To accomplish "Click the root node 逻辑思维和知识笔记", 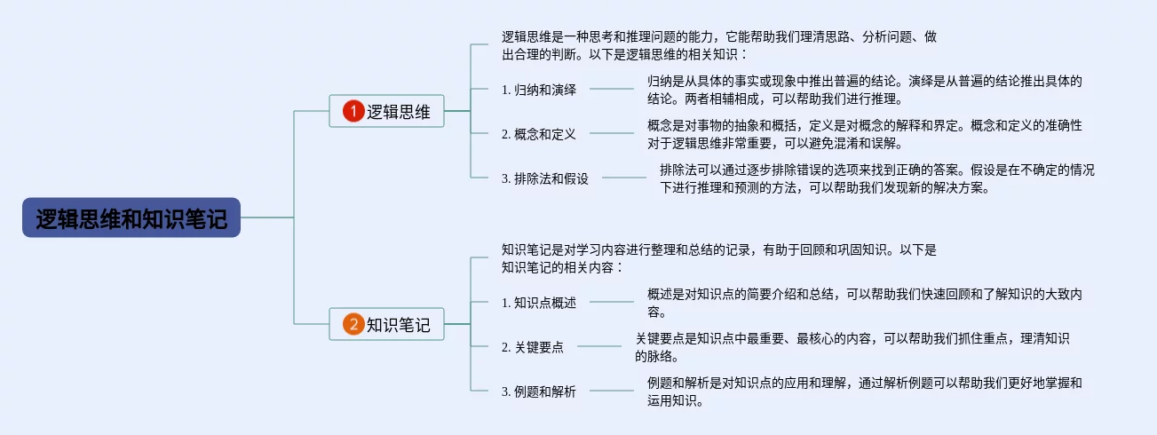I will tap(131, 217).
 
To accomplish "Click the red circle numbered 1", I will tap(353, 111).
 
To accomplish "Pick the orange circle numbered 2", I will tap(353, 325).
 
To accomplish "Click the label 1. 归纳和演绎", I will tap(538, 89).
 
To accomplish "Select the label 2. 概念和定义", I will tap(538, 134).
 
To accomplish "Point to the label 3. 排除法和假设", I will tap(544, 178).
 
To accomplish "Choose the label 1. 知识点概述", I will tap(538, 303).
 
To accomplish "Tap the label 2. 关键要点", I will tap(532, 347).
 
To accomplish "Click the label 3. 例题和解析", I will tap(538, 391).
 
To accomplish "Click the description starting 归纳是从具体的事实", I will tap(864, 90).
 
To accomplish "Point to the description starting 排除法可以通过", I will tap(876, 178).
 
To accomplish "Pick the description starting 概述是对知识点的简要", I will tap(864, 303).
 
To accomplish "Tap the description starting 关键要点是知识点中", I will tap(852, 347).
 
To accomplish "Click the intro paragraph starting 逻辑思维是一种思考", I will tap(719, 46).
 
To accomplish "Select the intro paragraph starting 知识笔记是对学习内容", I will tap(719, 258).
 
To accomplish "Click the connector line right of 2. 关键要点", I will tap(598, 346).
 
